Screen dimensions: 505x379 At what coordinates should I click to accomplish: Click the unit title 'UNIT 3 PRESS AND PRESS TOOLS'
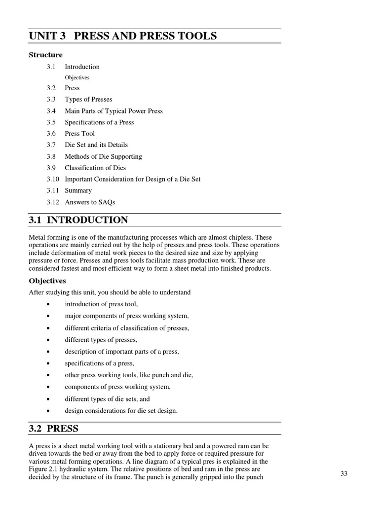pos(123,36)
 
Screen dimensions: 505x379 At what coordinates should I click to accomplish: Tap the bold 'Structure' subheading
pos(46,55)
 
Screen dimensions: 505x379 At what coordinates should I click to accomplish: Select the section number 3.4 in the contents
pos(51,111)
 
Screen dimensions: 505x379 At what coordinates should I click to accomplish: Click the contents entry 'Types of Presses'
pos(88,99)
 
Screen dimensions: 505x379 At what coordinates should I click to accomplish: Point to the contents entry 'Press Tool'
pos(79,134)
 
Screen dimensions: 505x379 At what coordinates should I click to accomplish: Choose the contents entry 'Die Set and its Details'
pos(96,145)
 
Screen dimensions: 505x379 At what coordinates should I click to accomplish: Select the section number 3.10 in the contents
pos(53,179)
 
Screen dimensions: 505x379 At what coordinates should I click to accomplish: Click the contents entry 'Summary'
pos(78,190)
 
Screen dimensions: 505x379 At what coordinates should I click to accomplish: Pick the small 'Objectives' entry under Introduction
pos(77,77)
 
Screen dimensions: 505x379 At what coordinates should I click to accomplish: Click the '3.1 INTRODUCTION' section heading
pos(78,220)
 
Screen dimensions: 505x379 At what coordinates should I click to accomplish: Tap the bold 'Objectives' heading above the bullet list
pos(47,281)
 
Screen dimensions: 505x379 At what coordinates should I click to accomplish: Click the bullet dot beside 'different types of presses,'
pos(48,340)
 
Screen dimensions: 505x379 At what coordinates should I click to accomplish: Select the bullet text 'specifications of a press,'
pos(99,363)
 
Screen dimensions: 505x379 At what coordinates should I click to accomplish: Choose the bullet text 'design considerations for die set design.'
pos(121,411)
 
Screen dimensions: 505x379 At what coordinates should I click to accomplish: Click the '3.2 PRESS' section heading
pos(54,428)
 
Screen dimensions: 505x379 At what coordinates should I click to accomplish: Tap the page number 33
pos(344,473)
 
